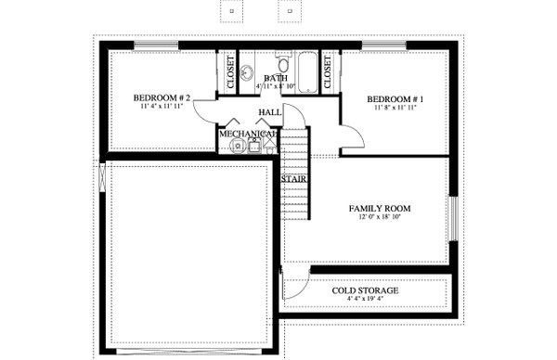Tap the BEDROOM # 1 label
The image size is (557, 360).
(x=395, y=99)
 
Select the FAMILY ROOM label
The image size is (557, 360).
(x=380, y=209)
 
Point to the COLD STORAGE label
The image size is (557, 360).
(x=366, y=290)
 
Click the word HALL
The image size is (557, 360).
(x=270, y=113)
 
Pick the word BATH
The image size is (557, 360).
(x=276, y=79)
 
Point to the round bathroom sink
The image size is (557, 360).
(x=248, y=73)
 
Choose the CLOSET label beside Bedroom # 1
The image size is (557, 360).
(x=329, y=71)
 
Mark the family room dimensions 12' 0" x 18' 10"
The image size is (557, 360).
(x=380, y=220)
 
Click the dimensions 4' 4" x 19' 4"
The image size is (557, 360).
(x=366, y=300)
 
